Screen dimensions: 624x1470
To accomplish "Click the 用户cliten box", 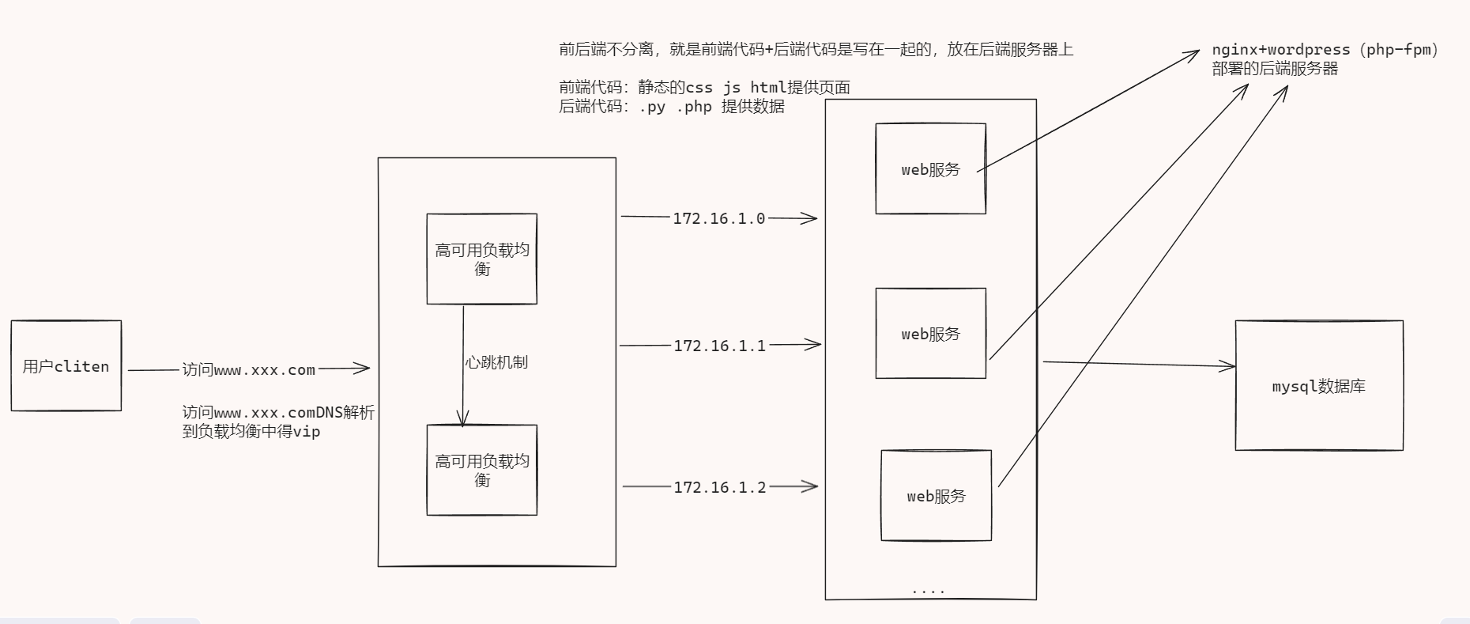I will tap(66, 365).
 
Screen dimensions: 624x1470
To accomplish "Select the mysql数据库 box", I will tap(1318, 386).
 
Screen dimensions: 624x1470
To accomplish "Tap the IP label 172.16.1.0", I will tap(718, 218).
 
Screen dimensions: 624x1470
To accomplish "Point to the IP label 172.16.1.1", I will tap(719, 346).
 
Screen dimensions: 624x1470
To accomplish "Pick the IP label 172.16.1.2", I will tap(719, 487).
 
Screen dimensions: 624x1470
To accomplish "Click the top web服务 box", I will tap(930, 168).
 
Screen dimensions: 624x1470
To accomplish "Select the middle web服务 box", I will tap(930, 333).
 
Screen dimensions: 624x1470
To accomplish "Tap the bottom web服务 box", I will tap(936, 496).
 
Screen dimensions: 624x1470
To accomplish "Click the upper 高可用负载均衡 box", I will tap(481, 259).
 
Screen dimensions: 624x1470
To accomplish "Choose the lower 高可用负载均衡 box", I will tap(481, 470).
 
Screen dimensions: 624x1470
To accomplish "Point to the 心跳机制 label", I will tap(496, 362).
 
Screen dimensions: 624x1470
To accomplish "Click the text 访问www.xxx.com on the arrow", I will tap(249, 369).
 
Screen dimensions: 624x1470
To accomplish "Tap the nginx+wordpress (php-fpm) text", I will tap(1325, 50).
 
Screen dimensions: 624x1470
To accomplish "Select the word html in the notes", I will tap(768, 87).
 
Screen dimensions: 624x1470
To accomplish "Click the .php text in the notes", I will tap(694, 107).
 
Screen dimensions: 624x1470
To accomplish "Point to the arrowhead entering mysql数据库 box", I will tap(1229, 365).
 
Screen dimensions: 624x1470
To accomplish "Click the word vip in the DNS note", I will tap(307, 432).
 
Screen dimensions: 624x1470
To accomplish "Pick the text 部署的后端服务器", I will tap(1275, 69).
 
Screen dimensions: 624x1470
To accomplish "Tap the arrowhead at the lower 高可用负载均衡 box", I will tap(463, 419).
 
